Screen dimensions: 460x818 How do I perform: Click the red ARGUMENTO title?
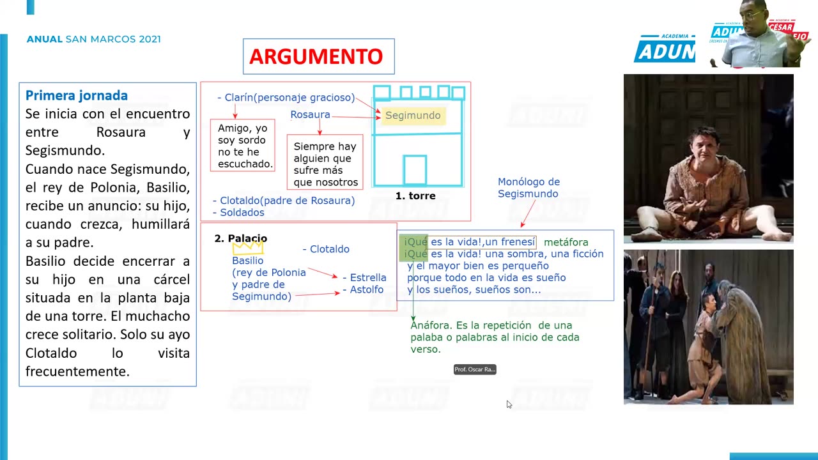point(316,56)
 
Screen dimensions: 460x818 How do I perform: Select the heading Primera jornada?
point(77,96)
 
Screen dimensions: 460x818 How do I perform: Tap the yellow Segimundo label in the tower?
point(413,116)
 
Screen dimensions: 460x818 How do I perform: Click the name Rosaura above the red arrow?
point(310,115)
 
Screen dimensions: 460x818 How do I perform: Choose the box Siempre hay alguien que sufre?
point(325,164)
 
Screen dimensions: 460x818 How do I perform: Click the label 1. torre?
point(415,196)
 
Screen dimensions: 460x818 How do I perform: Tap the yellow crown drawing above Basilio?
point(248,247)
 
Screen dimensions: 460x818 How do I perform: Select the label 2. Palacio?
point(240,238)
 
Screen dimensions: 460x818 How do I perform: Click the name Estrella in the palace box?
point(367,278)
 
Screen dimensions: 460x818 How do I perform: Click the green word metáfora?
point(566,242)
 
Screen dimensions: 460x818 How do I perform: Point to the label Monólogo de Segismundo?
point(529,188)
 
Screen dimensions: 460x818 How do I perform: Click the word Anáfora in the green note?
point(430,326)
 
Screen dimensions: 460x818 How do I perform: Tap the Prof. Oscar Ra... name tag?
point(475,369)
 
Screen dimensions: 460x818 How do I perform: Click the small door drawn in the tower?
point(415,170)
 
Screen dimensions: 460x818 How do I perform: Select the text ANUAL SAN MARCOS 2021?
point(94,40)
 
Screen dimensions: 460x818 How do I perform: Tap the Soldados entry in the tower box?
point(242,213)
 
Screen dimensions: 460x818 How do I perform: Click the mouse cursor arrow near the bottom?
point(508,403)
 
